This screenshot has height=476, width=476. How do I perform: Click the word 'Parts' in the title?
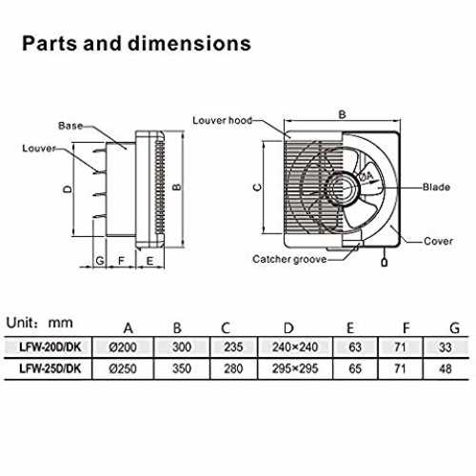(50, 43)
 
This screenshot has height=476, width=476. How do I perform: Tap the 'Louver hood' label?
(223, 121)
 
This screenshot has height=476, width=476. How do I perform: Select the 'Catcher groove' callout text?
(289, 259)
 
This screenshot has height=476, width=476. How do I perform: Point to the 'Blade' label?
(436, 187)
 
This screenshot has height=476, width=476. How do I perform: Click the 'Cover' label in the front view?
(438, 241)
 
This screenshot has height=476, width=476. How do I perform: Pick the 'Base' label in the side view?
(70, 126)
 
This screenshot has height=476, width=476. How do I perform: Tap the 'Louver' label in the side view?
(39, 149)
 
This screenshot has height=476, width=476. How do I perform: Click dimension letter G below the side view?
(100, 261)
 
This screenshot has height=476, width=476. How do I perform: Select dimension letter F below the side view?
(121, 261)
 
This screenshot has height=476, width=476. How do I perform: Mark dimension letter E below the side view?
(149, 261)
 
